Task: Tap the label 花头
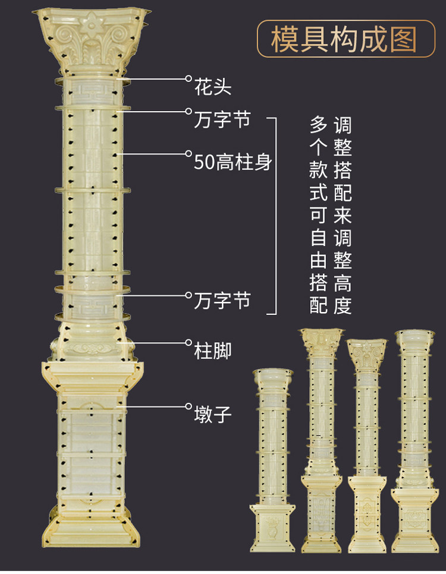[x=212, y=89]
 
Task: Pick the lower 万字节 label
[x=222, y=301]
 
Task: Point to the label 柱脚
[x=212, y=351]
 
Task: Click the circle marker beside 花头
[x=188, y=78]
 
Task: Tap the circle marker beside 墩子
[x=188, y=406]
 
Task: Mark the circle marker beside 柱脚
[x=188, y=343]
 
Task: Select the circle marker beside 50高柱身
[x=188, y=153]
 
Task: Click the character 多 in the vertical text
[x=319, y=125]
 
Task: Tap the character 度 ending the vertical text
[x=343, y=305]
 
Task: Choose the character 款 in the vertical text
[x=319, y=171]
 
